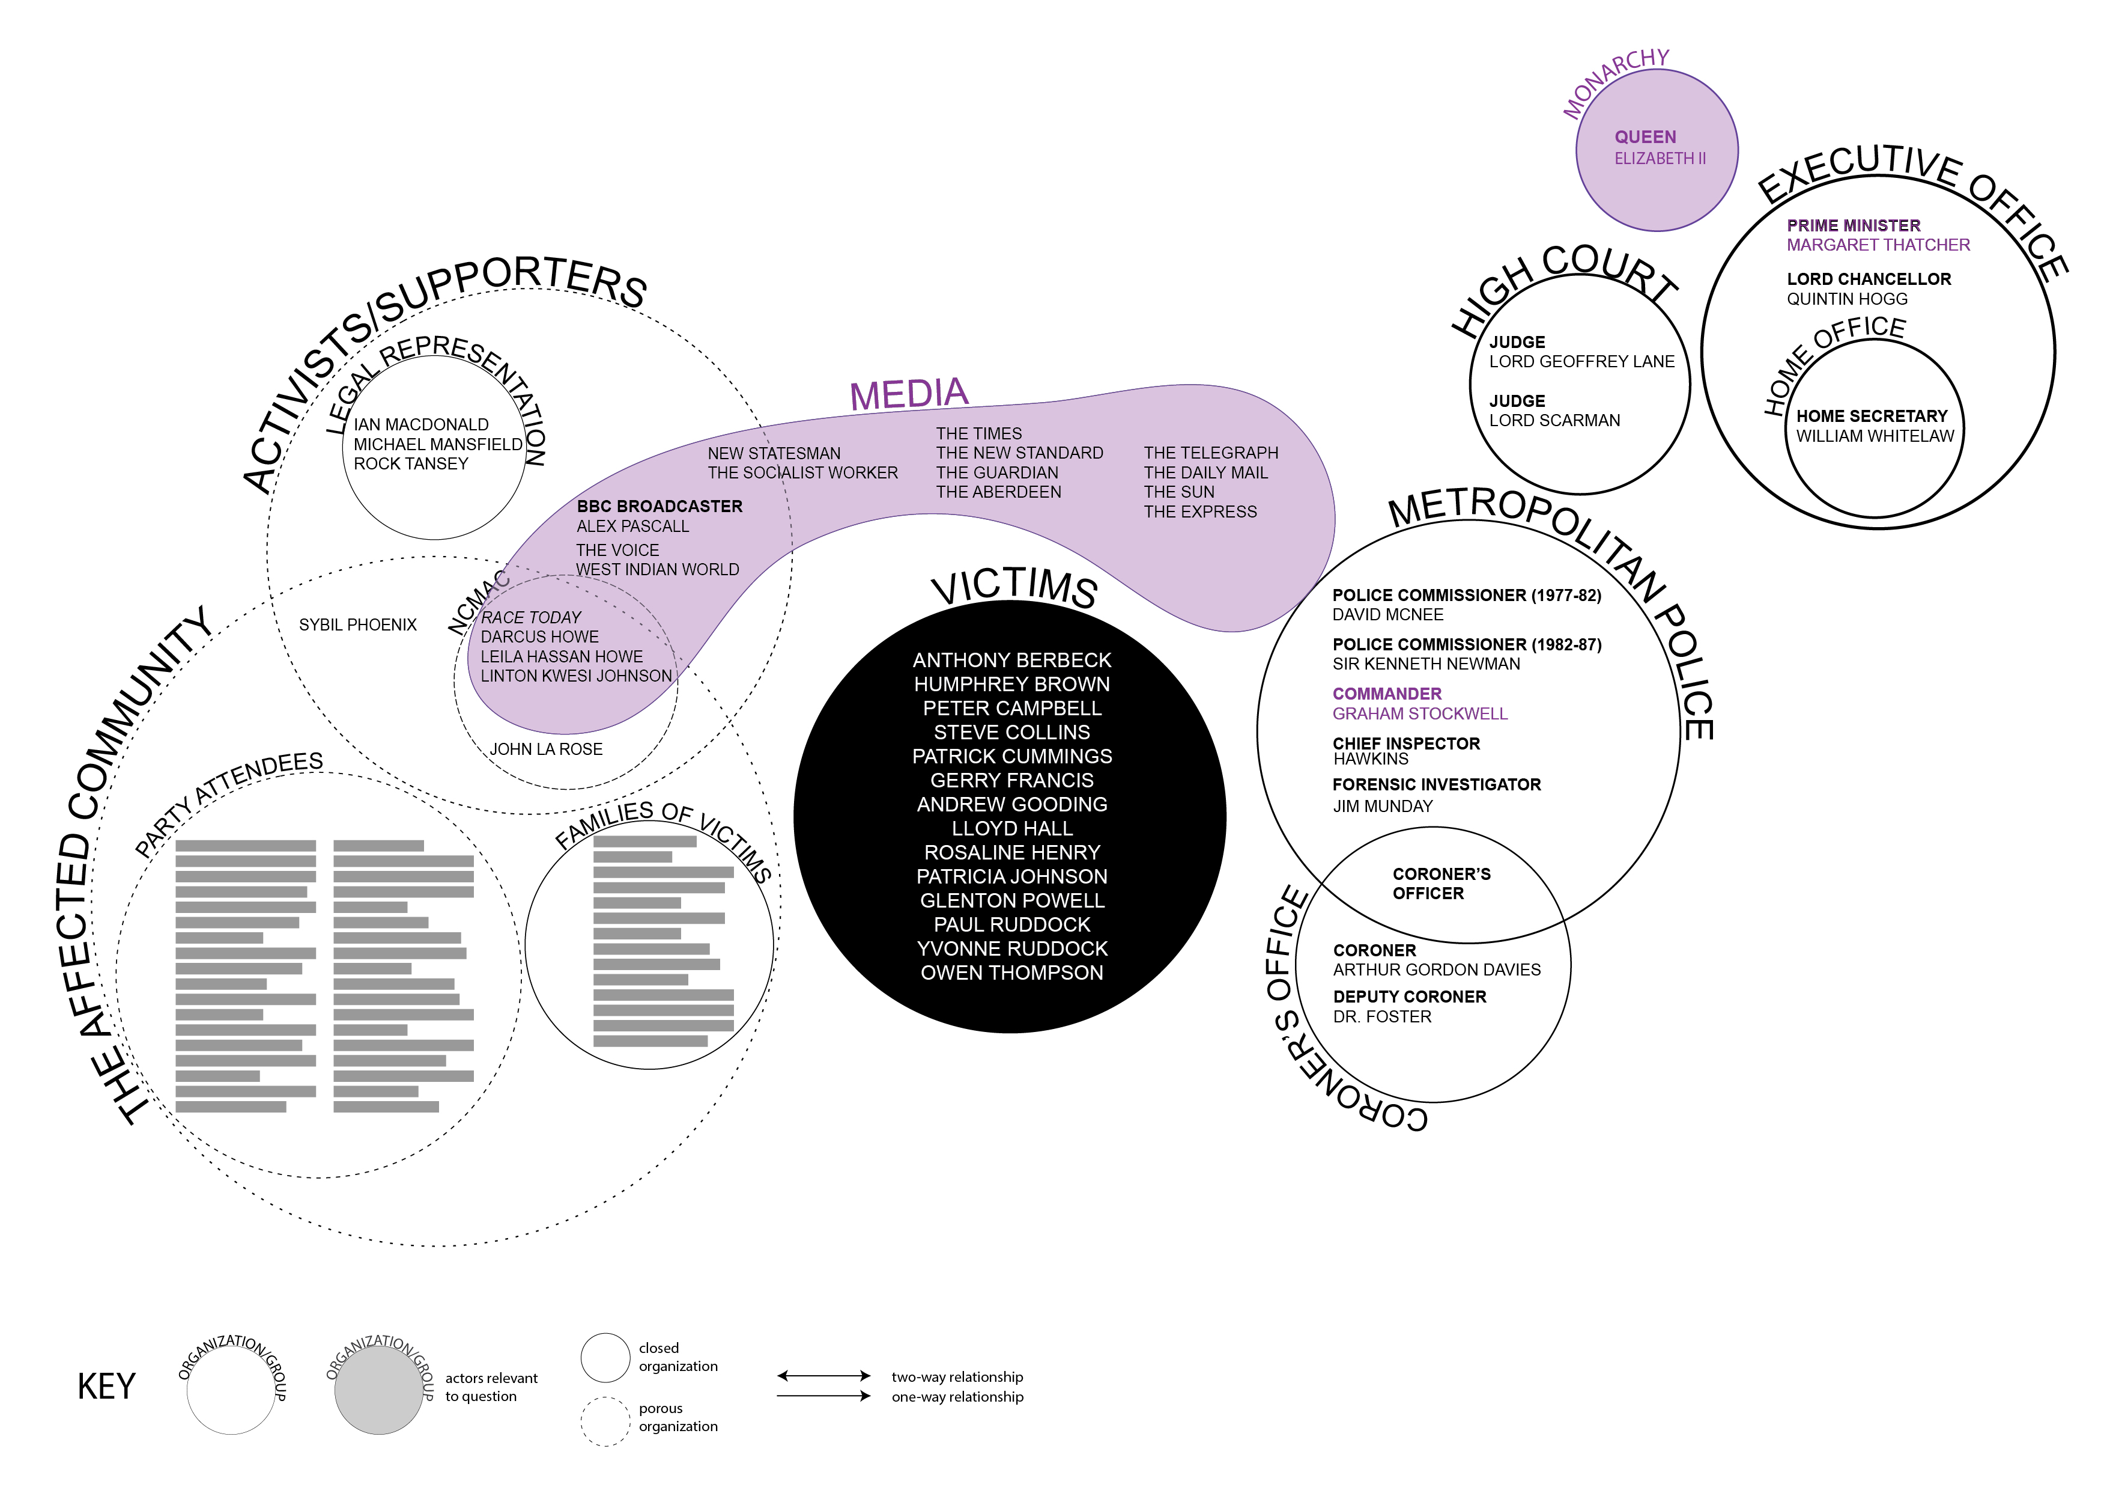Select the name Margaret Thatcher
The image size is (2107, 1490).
(1878, 245)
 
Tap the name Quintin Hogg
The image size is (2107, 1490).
(1846, 299)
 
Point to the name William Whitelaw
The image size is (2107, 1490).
(1875, 436)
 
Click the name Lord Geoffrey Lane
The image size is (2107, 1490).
(1581, 362)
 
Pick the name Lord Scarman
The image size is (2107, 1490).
(1554, 421)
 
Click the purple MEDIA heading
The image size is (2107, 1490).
(909, 395)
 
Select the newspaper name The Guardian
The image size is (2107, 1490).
(996, 473)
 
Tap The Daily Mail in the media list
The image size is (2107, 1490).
(1205, 473)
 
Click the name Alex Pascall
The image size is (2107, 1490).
(632, 526)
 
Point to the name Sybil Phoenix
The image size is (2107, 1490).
(358, 625)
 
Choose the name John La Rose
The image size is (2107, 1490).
(546, 749)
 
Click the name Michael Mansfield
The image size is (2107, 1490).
(438, 444)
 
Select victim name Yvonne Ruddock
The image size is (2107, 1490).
(1011, 948)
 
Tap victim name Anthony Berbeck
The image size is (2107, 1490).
(1011, 660)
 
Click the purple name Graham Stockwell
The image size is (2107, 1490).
(1420, 714)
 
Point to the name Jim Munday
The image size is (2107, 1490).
(1382, 806)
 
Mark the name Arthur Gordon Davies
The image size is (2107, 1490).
(1436, 970)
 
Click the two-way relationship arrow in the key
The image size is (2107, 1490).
(823, 1375)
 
